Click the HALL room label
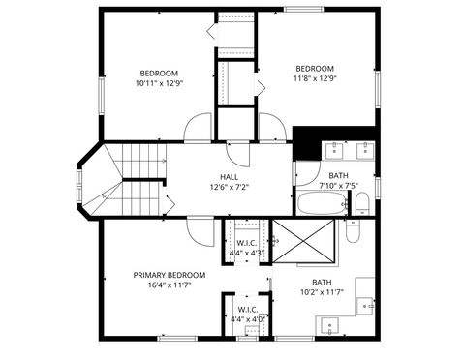coord(229,176)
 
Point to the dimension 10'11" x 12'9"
coord(159,83)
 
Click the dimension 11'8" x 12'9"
coord(315,79)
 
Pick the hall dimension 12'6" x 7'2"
coord(229,187)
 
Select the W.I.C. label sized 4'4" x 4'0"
coord(247,315)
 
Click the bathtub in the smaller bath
coord(321,204)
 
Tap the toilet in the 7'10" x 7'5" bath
coord(360,203)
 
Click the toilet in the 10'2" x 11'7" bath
coord(353,233)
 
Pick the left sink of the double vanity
coord(335,149)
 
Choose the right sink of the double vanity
coord(364,149)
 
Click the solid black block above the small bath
coord(307,142)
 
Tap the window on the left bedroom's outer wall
coord(100,98)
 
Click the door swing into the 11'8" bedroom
coord(271,128)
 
